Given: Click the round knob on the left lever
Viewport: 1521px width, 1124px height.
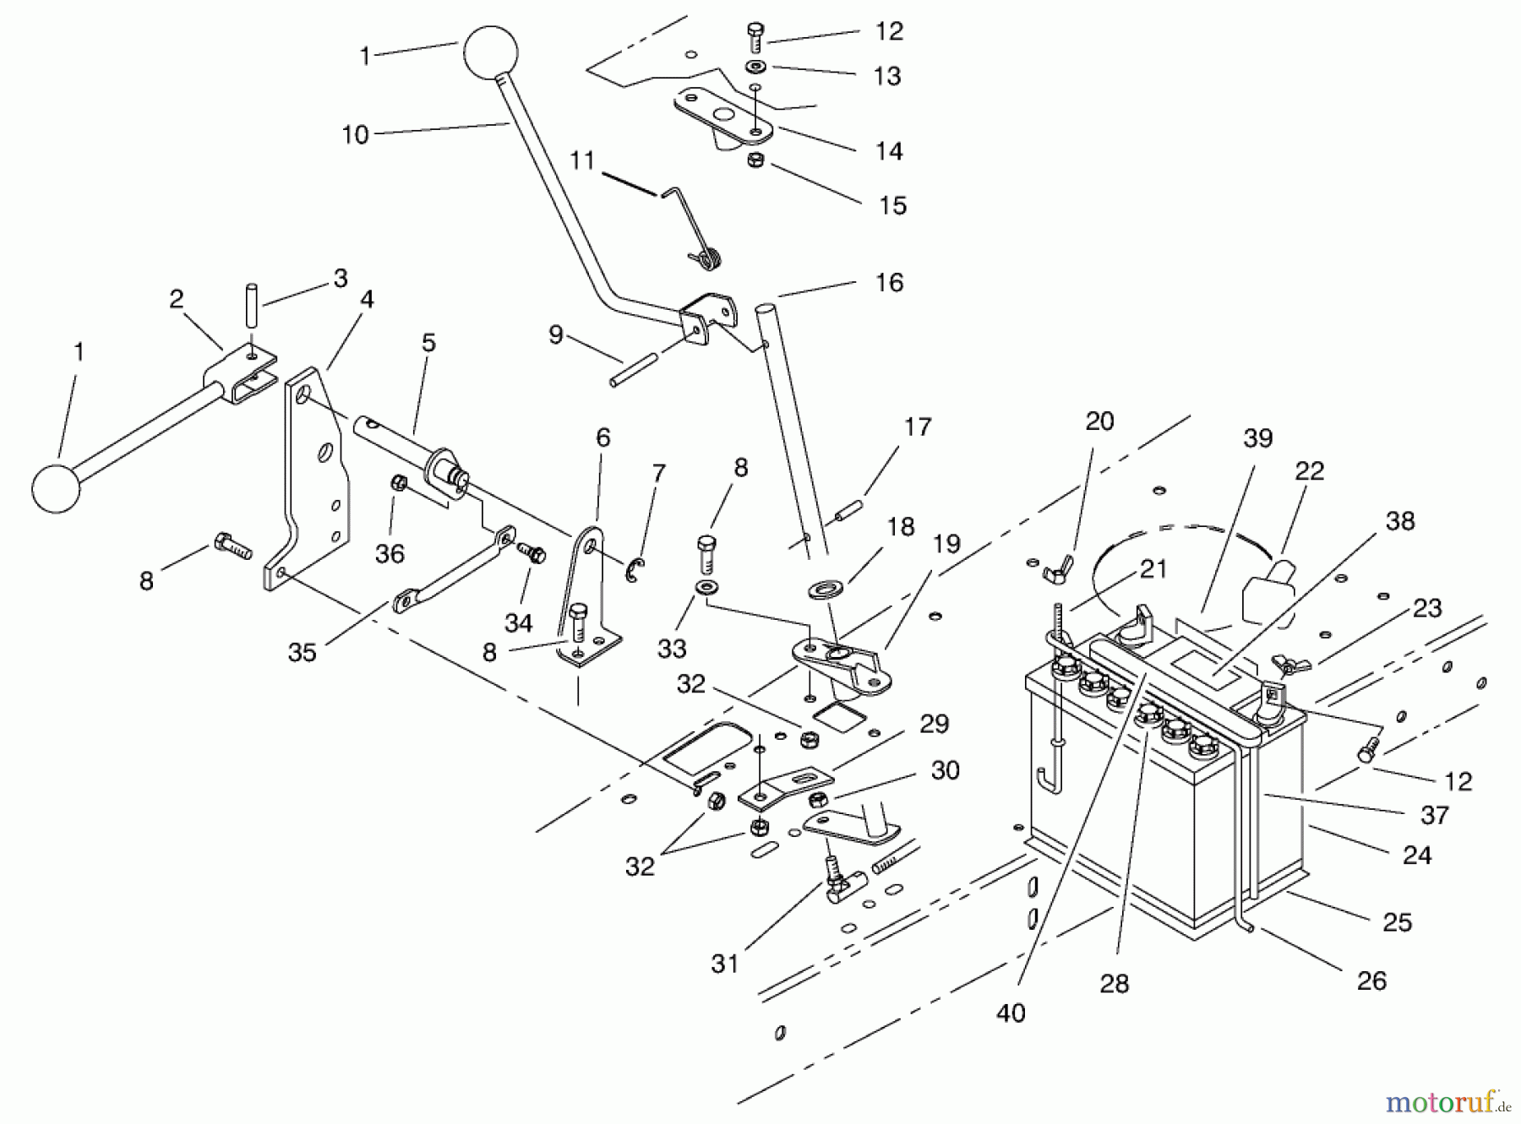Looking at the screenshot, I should pyautogui.click(x=56, y=487).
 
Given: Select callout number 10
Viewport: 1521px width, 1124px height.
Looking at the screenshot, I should pyautogui.click(x=356, y=135).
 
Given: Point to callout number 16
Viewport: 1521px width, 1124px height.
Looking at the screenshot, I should pyautogui.click(x=889, y=283).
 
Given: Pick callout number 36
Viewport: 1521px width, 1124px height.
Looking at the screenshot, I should pyautogui.click(x=390, y=554).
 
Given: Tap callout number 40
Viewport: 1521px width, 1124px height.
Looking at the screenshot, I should pyautogui.click(x=1011, y=1012).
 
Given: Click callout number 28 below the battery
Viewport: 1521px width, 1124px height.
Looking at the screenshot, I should pyautogui.click(x=1115, y=983).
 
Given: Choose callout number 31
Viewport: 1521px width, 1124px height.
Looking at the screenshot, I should pyautogui.click(x=724, y=964).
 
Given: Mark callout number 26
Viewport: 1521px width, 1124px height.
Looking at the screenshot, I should pyautogui.click(x=1371, y=980).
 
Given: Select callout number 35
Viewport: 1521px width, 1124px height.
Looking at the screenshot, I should pyautogui.click(x=302, y=652).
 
